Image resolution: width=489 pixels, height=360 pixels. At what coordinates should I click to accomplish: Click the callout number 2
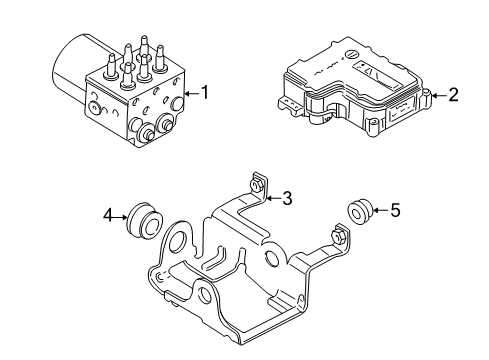(453, 95)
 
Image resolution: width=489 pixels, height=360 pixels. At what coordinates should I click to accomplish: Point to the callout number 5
(395, 210)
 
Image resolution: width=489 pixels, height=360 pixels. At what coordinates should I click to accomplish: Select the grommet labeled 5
(358, 210)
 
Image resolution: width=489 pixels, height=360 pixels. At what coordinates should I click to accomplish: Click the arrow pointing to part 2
(439, 96)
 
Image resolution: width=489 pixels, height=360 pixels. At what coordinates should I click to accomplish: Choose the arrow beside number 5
(380, 210)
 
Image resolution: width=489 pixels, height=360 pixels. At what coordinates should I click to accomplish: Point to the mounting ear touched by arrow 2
(426, 95)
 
